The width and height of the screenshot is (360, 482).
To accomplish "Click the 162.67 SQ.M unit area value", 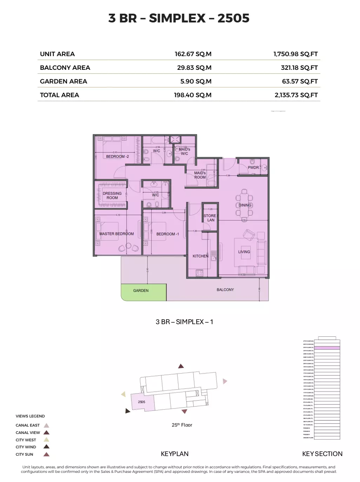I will tap(193, 54).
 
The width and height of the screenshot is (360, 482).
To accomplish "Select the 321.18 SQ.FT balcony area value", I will tap(299, 68).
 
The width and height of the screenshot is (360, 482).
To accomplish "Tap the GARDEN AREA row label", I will tap(64, 81).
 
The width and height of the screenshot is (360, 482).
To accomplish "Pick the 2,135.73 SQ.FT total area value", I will tap(296, 95).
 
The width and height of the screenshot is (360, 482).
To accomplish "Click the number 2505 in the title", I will tap(233, 18).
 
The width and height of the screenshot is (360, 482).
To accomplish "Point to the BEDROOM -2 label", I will tap(117, 156).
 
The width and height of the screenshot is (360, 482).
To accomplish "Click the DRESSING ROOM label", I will tap(112, 196).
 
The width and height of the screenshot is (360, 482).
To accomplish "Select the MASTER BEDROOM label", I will tap(116, 234).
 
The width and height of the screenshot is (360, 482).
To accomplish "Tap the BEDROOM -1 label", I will tap(167, 234).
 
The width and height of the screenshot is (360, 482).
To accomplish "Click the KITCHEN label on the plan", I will tap(200, 256).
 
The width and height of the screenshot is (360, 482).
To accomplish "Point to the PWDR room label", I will tap(253, 168).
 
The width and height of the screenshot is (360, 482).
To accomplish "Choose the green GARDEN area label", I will tap(141, 291).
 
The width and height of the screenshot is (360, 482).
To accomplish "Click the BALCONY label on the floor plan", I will tap(225, 290).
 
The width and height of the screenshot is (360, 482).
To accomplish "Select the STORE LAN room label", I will tap(210, 218).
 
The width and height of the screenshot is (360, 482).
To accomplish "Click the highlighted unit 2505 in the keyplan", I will tap(142, 402).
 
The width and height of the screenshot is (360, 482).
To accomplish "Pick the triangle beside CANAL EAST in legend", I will tap(46, 425).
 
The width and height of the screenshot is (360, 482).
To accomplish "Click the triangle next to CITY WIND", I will tap(46, 447).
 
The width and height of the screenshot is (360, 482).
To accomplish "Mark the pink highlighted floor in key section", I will tap(327, 348).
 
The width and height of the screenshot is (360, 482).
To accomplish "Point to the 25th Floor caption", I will tap(182, 425).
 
